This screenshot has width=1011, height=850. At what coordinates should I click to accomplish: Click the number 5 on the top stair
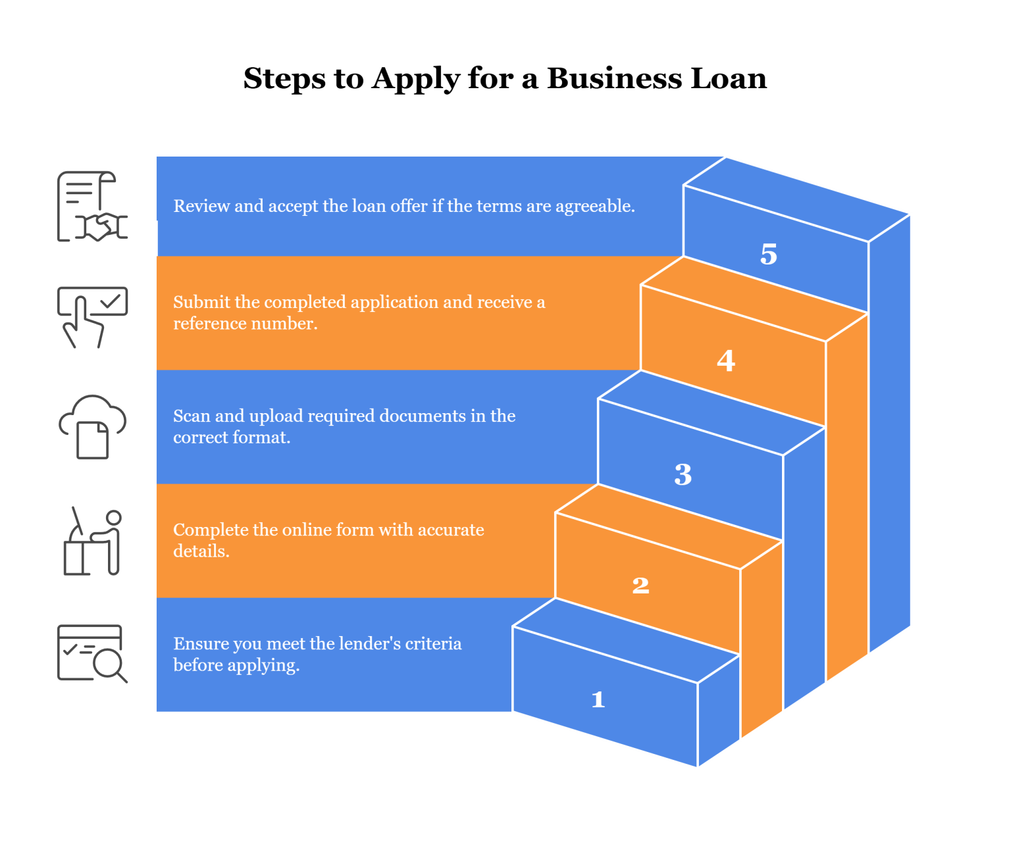(x=768, y=254)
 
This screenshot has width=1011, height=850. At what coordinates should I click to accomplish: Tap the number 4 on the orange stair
(x=726, y=361)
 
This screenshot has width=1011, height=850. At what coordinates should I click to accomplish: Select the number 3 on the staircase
(x=683, y=474)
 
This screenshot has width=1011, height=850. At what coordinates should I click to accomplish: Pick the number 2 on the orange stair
(x=640, y=586)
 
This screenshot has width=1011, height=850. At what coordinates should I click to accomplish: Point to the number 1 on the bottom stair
(x=598, y=700)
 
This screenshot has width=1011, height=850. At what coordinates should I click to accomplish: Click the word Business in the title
(x=615, y=78)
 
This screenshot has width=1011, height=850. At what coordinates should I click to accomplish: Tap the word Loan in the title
(x=729, y=78)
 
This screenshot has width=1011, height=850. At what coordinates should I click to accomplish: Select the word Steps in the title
(x=284, y=78)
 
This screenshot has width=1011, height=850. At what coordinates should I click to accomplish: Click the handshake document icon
(x=92, y=206)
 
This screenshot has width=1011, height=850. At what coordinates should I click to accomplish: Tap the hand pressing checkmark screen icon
(x=92, y=318)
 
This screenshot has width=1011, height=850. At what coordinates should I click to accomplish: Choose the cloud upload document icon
(x=92, y=427)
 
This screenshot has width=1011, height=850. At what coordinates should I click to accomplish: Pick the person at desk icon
(x=93, y=541)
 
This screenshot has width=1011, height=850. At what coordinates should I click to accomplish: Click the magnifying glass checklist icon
(x=92, y=654)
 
